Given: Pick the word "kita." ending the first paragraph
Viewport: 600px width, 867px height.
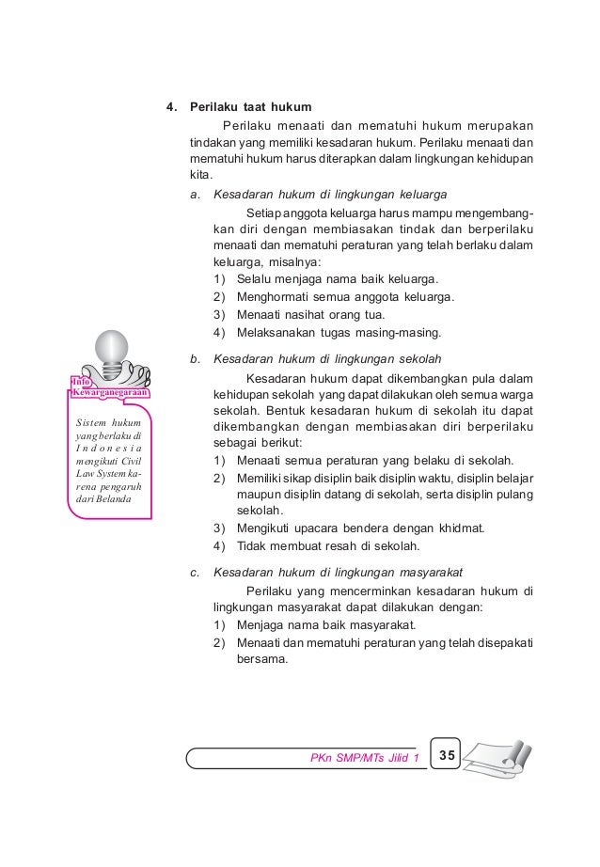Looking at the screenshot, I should (200, 175).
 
